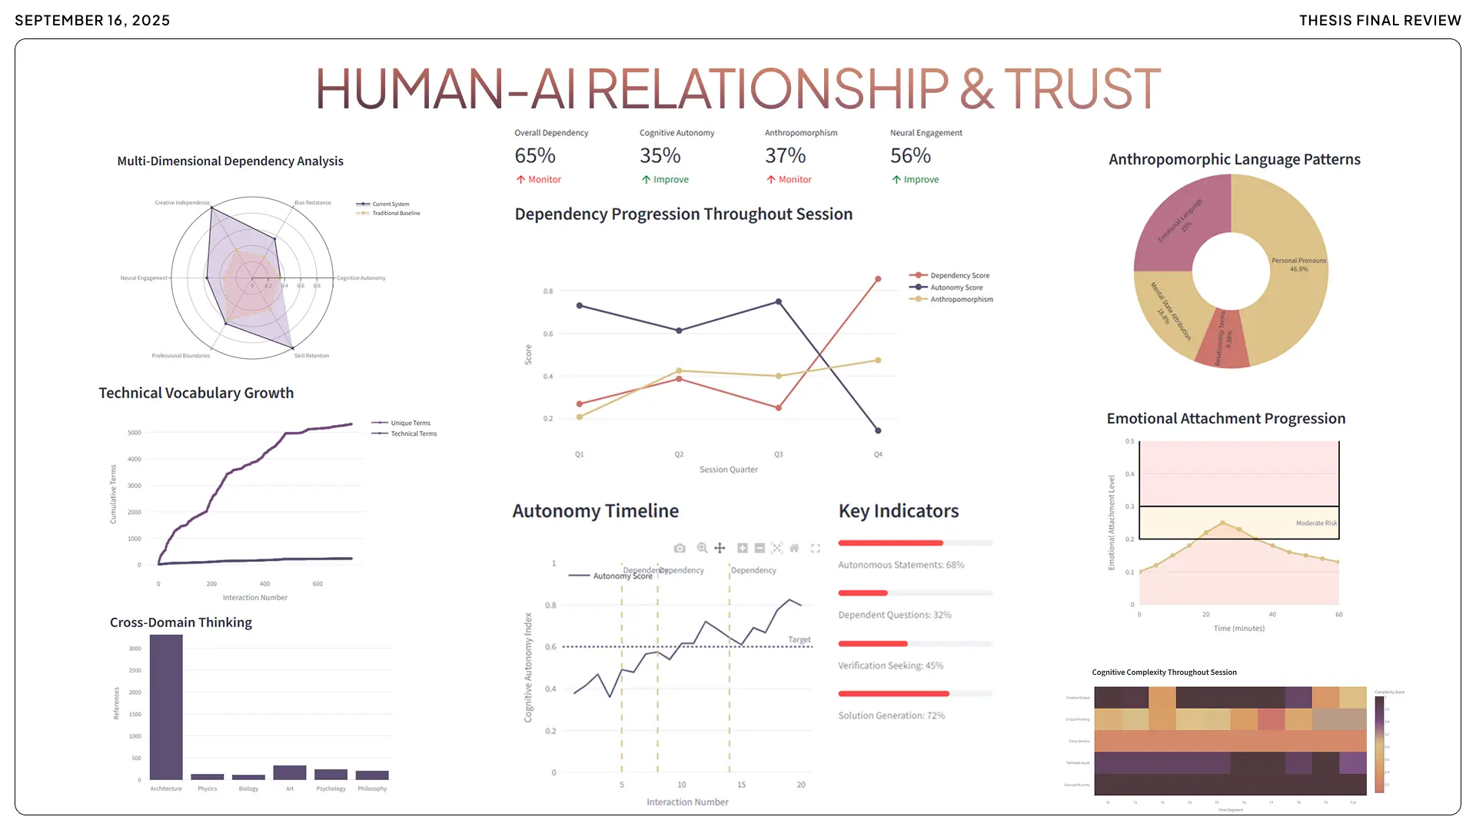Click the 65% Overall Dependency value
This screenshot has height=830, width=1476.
tap(535, 156)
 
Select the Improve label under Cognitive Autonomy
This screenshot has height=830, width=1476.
tap(670, 180)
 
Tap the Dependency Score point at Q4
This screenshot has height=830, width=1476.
tap(878, 279)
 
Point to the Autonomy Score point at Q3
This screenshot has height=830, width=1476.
tap(779, 302)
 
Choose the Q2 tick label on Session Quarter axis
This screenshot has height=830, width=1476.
tap(679, 455)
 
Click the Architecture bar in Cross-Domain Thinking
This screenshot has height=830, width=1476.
tap(166, 707)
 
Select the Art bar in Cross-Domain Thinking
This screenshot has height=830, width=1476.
tap(290, 772)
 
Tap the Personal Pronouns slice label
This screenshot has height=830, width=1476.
tap(1298, 261)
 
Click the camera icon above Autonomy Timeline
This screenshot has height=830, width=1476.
tap(680, 549)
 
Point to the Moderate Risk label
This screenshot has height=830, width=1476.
tap(1316, 523)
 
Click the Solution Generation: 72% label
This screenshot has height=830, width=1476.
tap(892, 715)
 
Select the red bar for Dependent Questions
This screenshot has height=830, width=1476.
tap(863, 593)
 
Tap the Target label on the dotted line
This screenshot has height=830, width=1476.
tap(799, 640)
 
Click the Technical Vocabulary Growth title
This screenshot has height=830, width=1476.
tap(196, 393)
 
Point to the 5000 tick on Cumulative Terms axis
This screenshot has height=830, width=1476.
tap(135, 433)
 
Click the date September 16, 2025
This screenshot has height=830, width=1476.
tap(92, 21)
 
